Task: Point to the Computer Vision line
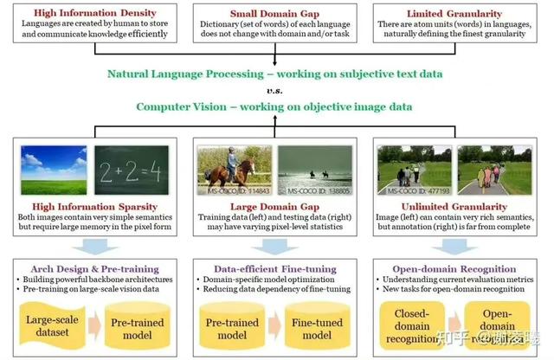coord(276,107)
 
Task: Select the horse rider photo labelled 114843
coord(235,170)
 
